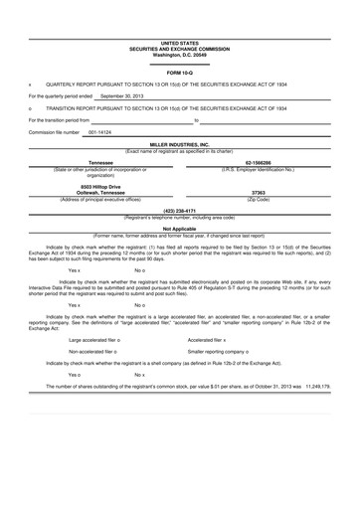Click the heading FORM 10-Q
[x=180, y=74]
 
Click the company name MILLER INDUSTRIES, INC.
[x=180, y=144]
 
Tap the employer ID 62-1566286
[x=259, y=162]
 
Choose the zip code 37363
[x=259, y=193]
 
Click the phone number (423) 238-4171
[x=180, y=211]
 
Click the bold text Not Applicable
[x=180, y=228]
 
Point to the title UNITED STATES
[x=180, y=44]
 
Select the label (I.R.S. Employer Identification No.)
[x=259, y=169]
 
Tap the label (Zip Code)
[x=259, y=199]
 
